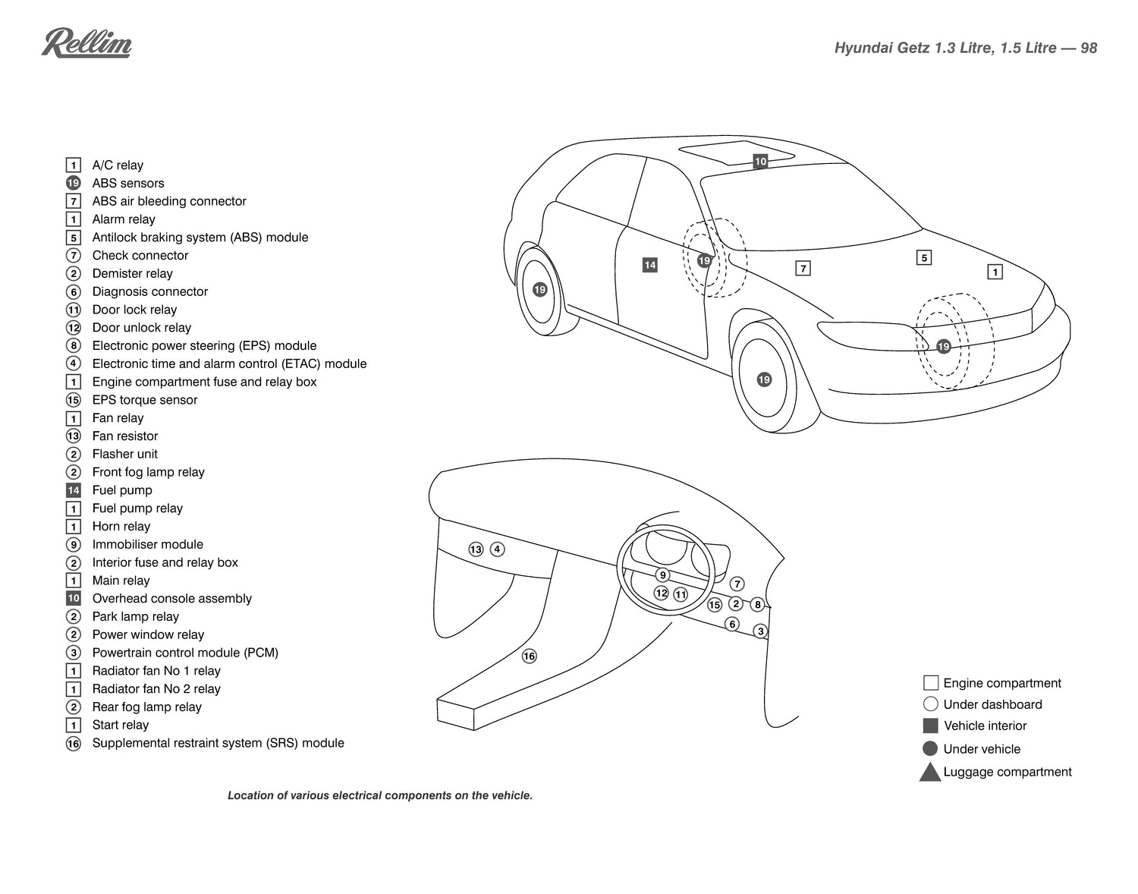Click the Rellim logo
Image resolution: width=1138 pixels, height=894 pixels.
pos(86,43)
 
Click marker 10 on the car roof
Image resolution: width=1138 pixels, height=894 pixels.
pos(760,161)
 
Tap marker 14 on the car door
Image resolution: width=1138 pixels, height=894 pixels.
pos(649,265)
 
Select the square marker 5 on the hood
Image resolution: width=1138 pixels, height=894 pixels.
pos(923,258)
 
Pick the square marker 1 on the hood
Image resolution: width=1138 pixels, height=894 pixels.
pos(995,272)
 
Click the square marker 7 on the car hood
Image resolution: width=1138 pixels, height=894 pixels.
pos(803,268)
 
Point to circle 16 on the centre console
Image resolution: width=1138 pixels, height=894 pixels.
pos(530,656)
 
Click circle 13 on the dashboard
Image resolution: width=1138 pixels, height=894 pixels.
pos(476,549)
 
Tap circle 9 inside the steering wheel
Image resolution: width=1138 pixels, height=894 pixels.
pos(662,575)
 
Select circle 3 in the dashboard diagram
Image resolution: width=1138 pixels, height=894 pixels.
pos(761,631)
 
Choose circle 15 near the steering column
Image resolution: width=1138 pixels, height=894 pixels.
pos(714,605)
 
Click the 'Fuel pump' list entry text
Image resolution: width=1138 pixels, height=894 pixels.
pos(122,490)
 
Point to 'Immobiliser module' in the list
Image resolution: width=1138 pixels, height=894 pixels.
pos(147,544)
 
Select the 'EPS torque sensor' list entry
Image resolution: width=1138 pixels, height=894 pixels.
pos(144,400)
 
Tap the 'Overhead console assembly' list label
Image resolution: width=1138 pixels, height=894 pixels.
pos(171,598)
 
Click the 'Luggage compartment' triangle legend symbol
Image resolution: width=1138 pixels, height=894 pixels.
pos(930,773)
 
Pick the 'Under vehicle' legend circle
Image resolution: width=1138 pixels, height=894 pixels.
pos(930,748)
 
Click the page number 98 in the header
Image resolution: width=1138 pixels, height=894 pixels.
pos(1088,48)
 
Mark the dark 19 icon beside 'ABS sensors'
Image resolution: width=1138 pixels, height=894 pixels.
pos(74,183)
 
